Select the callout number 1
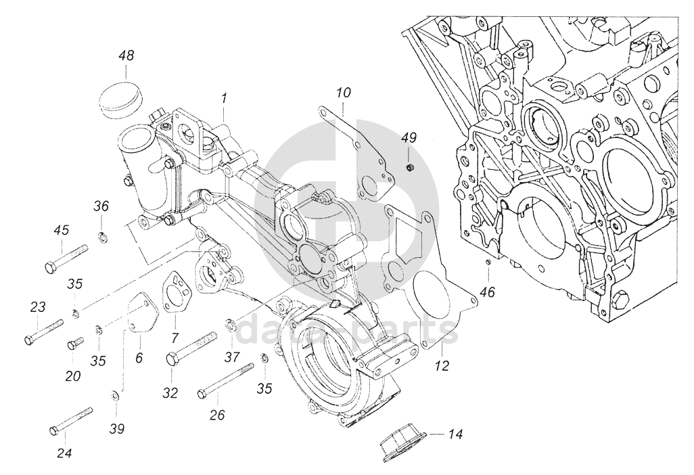tap(224, 98)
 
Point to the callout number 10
tap(343, 93)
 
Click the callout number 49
tap(409, 137)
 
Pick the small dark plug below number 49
tap(411, 167)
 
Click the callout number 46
tap(489, 292)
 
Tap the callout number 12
tap(442, 365)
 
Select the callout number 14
tap(455, 434)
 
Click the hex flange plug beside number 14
tap(404, 447)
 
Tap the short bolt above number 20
tap(76, 343)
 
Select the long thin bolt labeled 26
tap(226, 380)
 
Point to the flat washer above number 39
tap(114, 394)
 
